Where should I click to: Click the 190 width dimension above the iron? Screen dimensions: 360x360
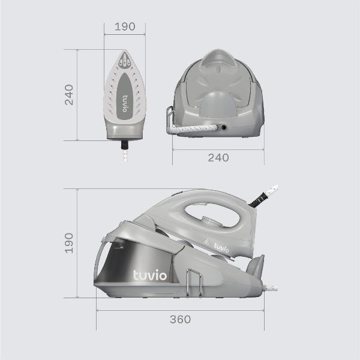(125, 26)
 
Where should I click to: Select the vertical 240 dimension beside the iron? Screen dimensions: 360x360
(69, 95)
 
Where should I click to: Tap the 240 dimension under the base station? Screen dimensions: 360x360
(218, 158)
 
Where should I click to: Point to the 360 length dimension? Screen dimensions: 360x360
(180, 319)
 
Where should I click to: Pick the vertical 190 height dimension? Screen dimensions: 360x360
(69, 243)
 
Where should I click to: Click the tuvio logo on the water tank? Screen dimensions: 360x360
(150, 275)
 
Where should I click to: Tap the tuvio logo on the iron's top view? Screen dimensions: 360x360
(125, 104)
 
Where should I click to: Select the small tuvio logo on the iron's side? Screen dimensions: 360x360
(221, 247)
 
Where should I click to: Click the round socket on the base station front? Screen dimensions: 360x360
(223, 127)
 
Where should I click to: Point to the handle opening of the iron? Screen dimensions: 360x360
(212, 215)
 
